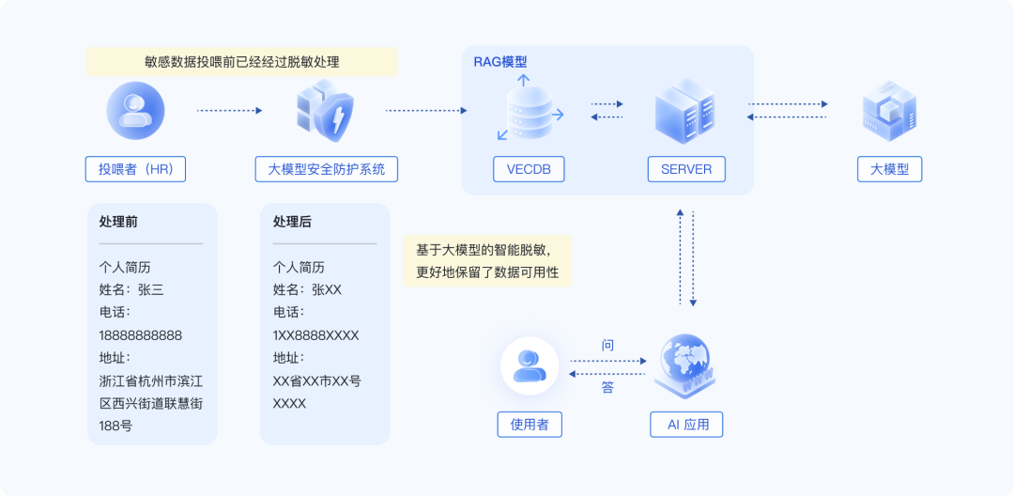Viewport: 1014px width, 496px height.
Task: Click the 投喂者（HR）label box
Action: click(x=135, y=169)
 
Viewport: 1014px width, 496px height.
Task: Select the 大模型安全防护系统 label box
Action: click(x=327, y=169)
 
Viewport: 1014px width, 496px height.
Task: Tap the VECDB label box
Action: click(x=529, y=169)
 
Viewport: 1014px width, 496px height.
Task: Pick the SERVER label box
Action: click(x=686, y=169)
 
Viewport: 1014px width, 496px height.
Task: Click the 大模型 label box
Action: click(x=889, y=169)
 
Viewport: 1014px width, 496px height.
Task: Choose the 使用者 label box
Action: click(x=530, y=424)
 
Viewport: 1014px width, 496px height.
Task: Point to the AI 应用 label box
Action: click(x=687, y=424)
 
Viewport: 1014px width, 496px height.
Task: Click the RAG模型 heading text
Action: click(x=500, y=62)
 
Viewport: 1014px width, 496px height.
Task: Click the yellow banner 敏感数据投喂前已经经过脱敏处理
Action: click(x=242, y=62)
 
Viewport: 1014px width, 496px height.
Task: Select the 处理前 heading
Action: click(x=118, y=222)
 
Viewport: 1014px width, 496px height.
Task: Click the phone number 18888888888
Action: click(x=141, y=334)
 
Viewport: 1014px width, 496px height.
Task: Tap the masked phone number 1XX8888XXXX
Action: click(x=315, y=334)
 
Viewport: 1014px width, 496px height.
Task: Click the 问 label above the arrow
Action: click(x=607, y=346)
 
